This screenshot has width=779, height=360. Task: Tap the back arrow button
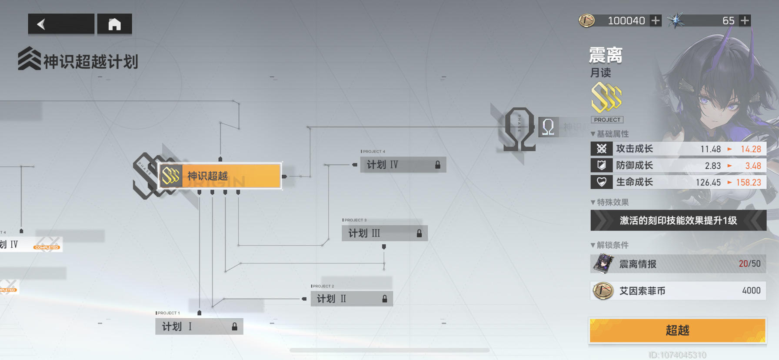click(x=60, y=24)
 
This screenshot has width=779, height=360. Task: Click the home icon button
click(x=114, y=24)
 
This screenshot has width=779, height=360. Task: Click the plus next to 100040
click(x=655, y=20)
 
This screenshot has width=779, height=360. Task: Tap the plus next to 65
click(x=745, y=20)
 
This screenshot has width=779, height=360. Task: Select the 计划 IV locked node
click(x=403, y=165)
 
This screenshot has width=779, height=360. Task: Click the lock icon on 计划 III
click(x=419, y=233)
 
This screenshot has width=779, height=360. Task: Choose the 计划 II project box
click(x=351, y=299)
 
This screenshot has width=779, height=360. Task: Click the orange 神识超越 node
click(x=220, y=176)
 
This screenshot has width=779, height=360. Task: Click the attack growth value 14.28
click(x=751, y=149)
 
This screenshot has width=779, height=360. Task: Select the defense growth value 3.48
click(x=753, y=166)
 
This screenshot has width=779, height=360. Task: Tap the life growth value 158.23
click(x=749, y=182)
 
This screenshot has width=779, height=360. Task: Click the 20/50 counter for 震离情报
click(x=749, y=263)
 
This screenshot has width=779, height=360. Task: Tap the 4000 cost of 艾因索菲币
click(x=751, y=290)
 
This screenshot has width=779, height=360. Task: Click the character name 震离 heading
click(x=606, y=56)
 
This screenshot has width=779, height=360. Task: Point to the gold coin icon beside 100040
click(x=586, y=20)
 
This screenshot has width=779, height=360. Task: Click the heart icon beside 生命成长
click(x=602, y=182)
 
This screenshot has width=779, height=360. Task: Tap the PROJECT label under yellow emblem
click(x=607, y=120)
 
